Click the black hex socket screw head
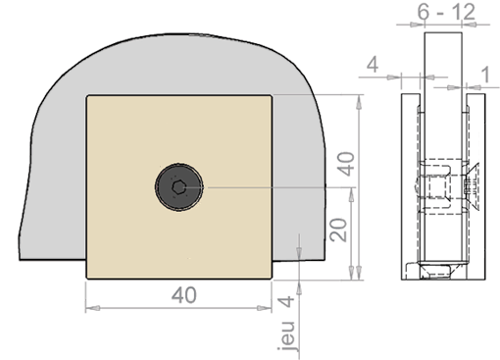tap(179, 187)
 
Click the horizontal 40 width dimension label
tap(184, 295)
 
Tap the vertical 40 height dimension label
tap(346, 164)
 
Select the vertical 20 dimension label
tap(338, 230)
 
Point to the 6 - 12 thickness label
tap(446, 12)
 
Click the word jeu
tap(287, 336)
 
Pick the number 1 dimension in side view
tap(486, 75)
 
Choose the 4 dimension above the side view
tap(373, 65)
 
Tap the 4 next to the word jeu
tap(287, 301)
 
